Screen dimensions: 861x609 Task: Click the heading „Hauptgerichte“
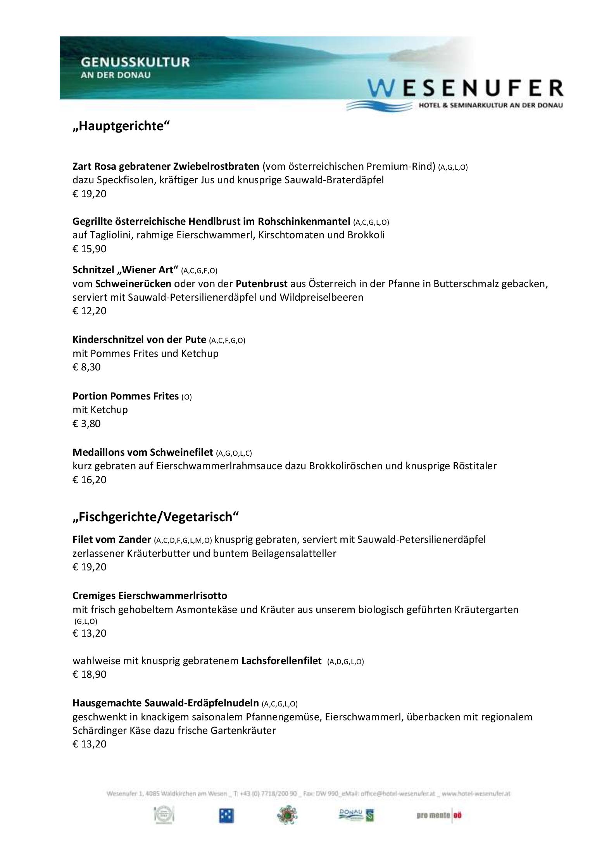(121, 126)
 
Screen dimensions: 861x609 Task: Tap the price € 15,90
(89, 249)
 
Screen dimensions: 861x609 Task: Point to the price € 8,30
(86, 367)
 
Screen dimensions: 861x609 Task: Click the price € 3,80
(86, 423)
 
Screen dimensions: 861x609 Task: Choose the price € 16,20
(89, 479)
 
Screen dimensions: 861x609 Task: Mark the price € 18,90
(89, 674)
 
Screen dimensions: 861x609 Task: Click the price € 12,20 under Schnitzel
(89, 311)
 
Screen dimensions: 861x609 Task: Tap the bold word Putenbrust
(262, 284)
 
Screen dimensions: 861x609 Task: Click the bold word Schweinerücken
(133, 284)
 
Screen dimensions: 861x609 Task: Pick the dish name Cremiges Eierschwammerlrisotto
(150, 595)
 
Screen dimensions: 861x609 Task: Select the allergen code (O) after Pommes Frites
(186, 397)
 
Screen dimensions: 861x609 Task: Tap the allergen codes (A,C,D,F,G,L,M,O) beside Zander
(183, 540)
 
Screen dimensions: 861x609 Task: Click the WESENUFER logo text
(465, 88)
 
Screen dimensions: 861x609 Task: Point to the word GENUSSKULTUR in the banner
(135, 62)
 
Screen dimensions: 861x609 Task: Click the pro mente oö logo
(439, 816)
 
